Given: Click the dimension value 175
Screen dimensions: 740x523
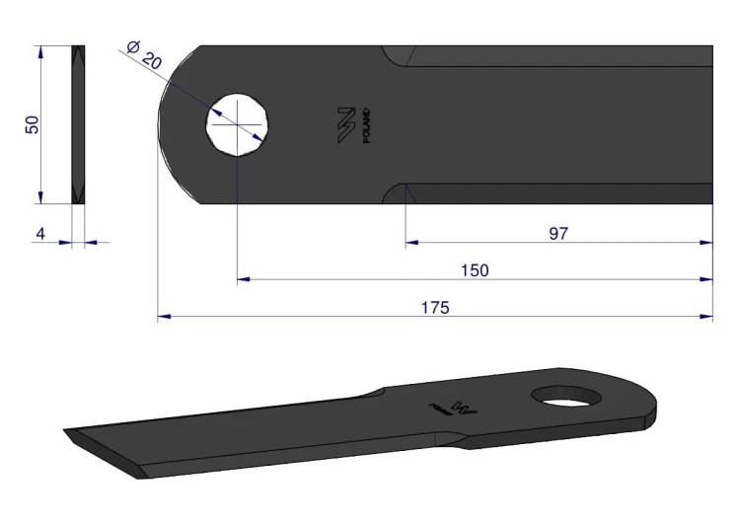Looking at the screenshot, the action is tap(435, 307).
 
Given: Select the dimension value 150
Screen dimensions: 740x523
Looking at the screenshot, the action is tap(475, 270).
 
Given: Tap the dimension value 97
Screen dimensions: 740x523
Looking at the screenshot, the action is tap(558, 233).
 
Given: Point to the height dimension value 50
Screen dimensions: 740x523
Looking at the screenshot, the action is tap(33, 124).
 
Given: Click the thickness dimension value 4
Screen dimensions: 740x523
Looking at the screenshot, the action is tap(40, 234).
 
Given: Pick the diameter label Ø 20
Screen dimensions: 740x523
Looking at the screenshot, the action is tap(144, 54).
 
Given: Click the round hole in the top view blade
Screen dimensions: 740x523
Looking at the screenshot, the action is tap(238, 124).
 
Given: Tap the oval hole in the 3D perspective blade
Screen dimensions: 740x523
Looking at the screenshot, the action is tap(566, 396).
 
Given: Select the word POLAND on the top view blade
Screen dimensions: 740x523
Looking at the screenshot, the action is tap(367, 125).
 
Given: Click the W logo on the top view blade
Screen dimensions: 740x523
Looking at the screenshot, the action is tap(346, 124).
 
